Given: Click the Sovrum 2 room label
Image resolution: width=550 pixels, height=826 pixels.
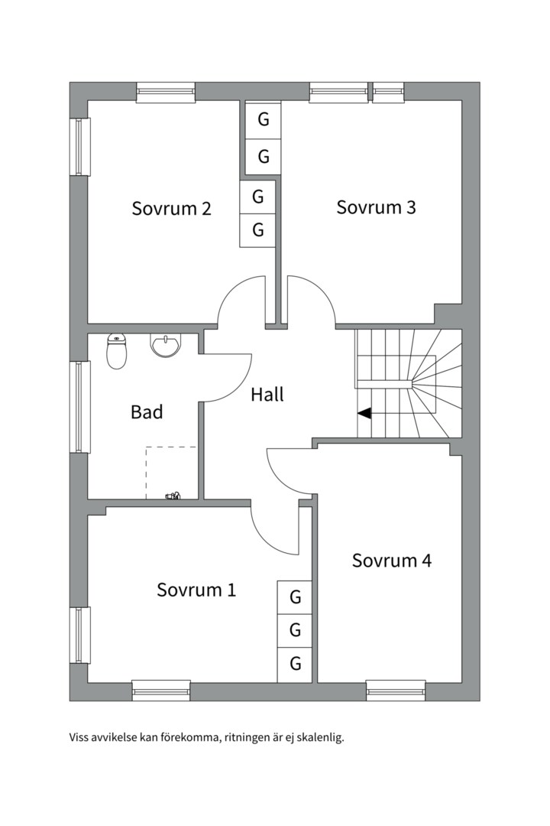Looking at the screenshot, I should (171, 209).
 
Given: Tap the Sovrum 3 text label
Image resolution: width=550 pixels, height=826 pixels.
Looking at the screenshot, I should (376, 207).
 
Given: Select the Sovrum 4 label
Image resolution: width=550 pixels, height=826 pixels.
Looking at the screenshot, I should (391, 561).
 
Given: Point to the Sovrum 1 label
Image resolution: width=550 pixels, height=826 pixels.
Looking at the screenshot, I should (196, 590).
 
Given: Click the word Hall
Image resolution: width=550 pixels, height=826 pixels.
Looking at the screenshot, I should (267, 395).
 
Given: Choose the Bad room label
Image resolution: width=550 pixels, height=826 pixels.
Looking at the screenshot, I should (147, 412).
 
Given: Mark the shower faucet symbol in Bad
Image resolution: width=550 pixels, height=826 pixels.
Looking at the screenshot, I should (173, 496).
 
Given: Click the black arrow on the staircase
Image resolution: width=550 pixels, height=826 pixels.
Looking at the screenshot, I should (364, 413).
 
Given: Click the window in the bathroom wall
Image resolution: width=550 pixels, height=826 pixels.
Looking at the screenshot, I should (80, 407).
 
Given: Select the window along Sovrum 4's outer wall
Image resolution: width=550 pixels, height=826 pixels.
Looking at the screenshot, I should (396, 690).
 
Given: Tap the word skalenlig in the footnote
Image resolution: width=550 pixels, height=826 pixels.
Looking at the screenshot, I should (322, 739).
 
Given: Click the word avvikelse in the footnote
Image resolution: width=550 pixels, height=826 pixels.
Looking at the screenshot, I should (112, 739).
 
